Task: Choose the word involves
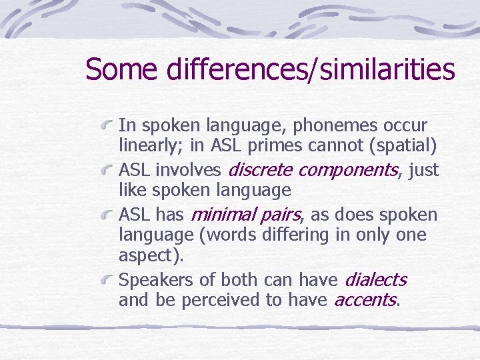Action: coord(193,170)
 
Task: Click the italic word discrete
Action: coord(261,170)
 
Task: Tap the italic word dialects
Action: coord(375,279)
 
